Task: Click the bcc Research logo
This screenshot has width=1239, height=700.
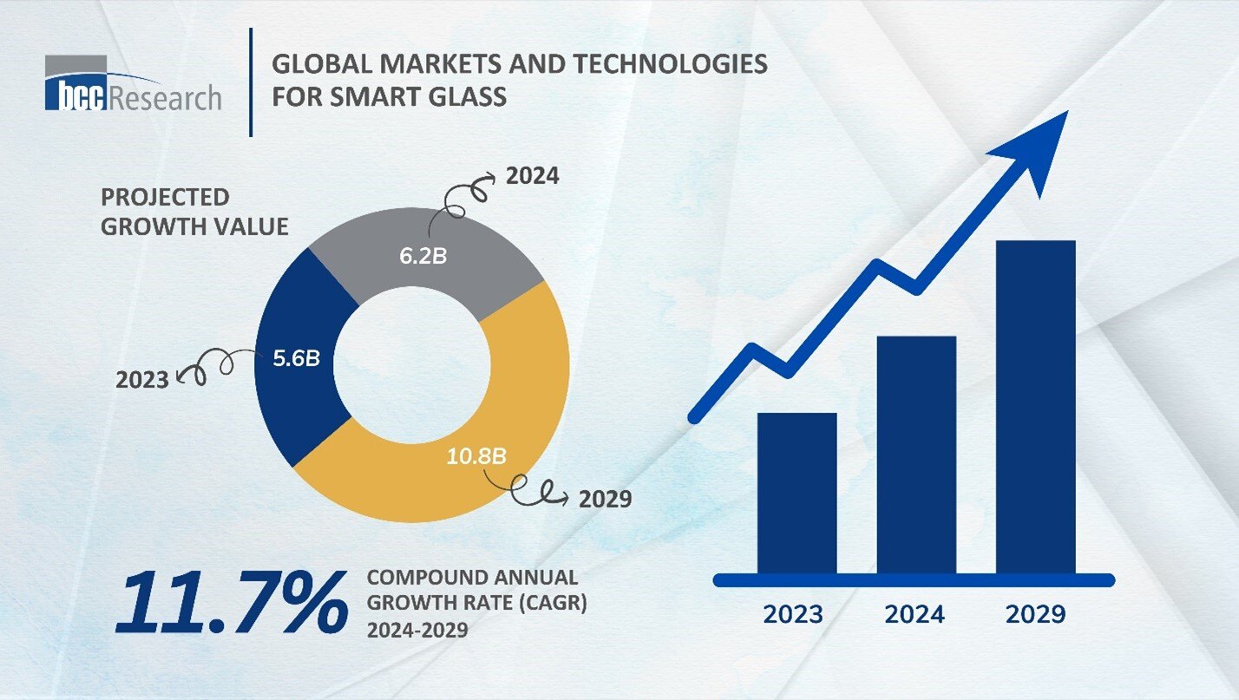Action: [132, 83]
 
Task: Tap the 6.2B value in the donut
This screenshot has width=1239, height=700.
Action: [423, 257]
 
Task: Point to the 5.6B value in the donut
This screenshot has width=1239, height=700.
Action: [297, 357]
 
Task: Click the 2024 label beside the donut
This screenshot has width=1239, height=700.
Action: [533, 176]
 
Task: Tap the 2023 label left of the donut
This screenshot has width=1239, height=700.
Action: [142, 379]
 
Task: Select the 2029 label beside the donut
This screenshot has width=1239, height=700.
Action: [605, 500]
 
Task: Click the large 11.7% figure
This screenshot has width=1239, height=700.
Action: [229, 601]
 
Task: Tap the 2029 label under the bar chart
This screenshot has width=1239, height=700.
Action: [1035, 614]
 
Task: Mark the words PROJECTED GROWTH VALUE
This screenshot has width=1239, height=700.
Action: [194, 212]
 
